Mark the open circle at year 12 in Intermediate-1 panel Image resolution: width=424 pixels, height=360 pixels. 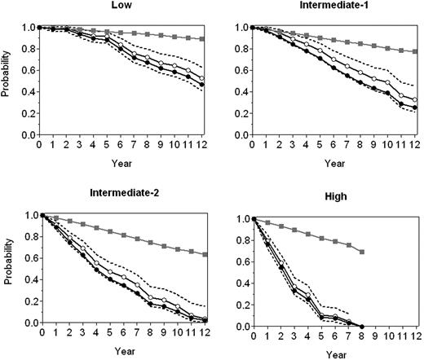tap(416, 99)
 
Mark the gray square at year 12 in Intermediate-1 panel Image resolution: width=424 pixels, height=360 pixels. tap(416, 51)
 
